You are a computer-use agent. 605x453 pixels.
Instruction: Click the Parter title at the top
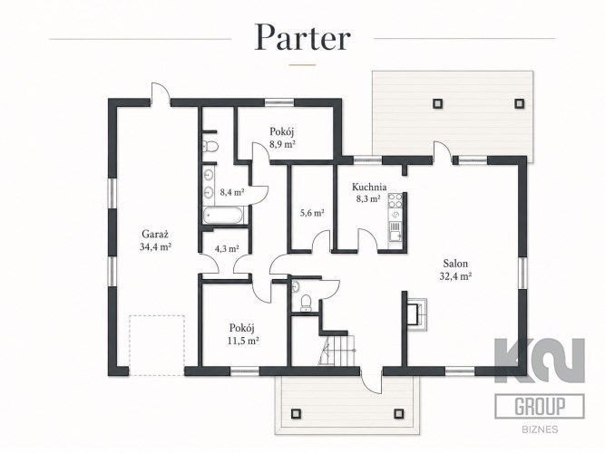303,38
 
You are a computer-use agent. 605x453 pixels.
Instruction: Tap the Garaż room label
155,234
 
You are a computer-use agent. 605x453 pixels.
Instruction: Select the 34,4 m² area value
155,246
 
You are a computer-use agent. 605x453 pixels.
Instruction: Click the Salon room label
455,264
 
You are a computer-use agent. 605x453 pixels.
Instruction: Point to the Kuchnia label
369,187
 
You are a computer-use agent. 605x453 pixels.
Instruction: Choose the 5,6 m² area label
312,212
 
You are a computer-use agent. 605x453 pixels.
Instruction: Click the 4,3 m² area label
227,248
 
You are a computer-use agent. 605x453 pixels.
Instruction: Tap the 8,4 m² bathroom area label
231,191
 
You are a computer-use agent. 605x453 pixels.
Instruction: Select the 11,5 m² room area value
243,341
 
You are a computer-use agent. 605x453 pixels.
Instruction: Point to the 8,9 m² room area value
282,145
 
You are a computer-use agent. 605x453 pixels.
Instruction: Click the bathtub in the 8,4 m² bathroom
223,215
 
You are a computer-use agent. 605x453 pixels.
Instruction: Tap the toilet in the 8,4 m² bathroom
210,147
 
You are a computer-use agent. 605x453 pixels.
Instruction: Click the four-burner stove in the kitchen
395,200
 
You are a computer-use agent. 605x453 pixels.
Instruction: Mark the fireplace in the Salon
416,313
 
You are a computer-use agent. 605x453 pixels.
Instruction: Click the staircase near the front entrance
337,350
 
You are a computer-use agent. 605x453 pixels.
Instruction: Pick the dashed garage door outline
157,345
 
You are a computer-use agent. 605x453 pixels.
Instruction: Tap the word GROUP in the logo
540,406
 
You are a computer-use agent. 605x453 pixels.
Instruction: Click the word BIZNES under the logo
540,429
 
